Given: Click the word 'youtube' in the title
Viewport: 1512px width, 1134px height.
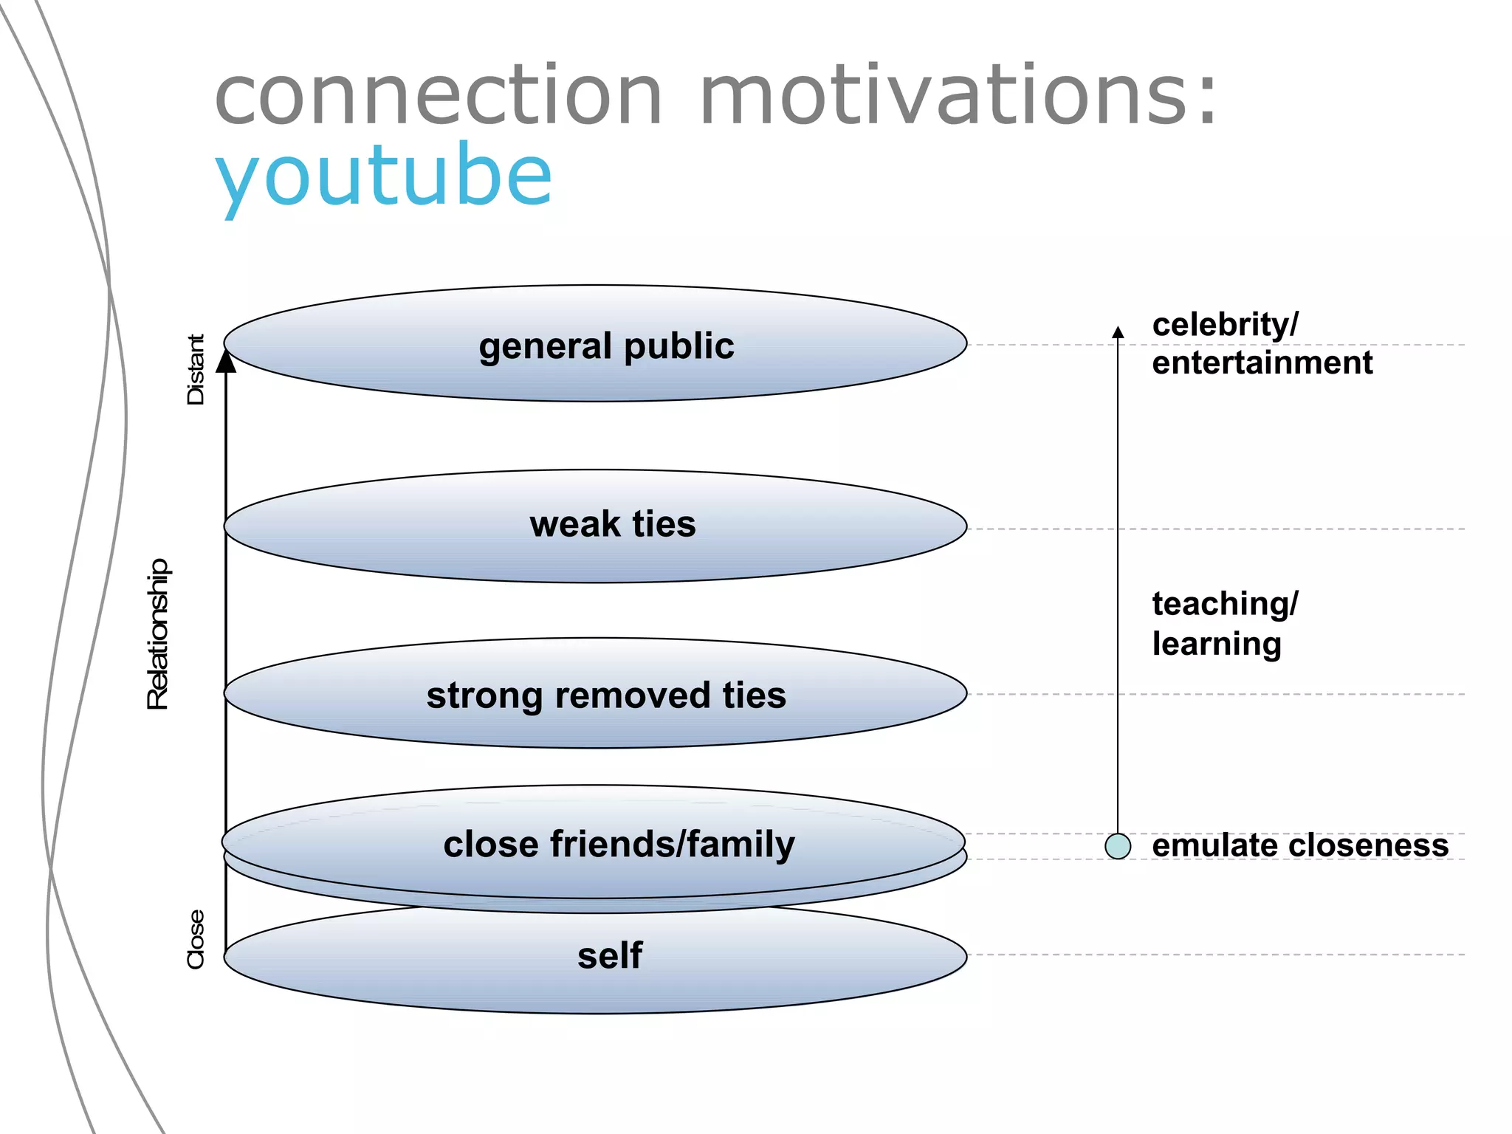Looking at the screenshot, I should [383, 176].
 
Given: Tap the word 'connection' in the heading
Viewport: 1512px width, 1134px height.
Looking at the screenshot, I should [439, 96].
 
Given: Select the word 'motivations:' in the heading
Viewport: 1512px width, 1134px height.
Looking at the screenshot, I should [958, 96].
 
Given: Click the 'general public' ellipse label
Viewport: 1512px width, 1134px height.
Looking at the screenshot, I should [606, 346].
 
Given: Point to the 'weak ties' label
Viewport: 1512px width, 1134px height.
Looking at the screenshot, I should [613, 524].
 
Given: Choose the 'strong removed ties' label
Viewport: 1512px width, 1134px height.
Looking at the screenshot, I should [606, 695].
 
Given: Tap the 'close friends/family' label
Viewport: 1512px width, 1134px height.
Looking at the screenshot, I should [619, 844].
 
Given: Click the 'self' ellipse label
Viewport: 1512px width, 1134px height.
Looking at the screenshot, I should [610, 955].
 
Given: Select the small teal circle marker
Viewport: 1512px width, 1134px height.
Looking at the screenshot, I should [1118, 846].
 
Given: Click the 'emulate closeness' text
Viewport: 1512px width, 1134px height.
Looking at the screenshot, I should [1300, 846].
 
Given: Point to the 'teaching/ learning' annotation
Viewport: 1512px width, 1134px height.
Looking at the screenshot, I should [1224, 624].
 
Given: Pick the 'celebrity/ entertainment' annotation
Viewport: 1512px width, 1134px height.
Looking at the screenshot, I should [1261, 344].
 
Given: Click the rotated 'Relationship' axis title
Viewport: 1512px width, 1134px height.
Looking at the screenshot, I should [158, 635].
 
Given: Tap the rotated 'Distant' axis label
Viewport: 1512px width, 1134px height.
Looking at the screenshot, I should [196, 369].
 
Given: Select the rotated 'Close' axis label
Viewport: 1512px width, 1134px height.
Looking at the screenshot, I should [196, 939].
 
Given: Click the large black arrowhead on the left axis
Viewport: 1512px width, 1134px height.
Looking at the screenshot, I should [226, 361].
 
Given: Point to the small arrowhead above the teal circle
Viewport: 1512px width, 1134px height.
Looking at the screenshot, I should [1118, 332].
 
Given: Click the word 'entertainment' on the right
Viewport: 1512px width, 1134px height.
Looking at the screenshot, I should [1262, 363].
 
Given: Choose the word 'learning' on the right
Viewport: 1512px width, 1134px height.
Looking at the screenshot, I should [1216, 644].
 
